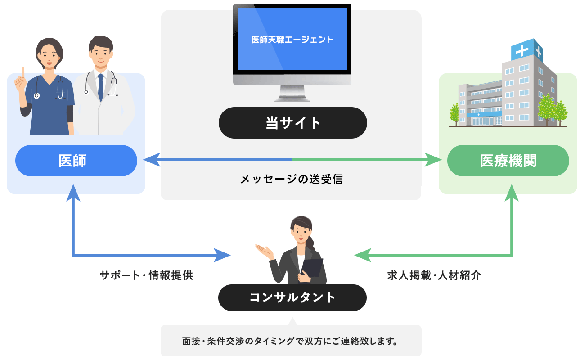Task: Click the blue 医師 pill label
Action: tap(76, 161)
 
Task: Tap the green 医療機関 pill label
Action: tap(508, 161)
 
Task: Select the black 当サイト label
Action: tap(293, 123)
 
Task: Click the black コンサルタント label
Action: tap(292, 297)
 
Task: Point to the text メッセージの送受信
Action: tap(292, 179)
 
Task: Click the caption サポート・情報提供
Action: tap(147, 275)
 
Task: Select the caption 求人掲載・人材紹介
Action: tap(434, 275)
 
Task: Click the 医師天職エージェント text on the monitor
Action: tap(292, 40)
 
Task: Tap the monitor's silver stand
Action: tap(292, 93)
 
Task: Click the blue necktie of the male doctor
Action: tap(101, 87)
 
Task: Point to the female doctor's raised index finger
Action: tap(23, 72)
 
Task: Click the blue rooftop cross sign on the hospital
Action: tap(527, 51)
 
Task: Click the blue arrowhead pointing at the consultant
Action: tap(222, 255)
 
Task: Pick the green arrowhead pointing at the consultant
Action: tap(363, 255)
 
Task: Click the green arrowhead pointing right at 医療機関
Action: tap(433, 160)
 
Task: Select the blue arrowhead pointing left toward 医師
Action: tap(152, 160)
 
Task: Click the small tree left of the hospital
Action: tap(454, 114)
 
